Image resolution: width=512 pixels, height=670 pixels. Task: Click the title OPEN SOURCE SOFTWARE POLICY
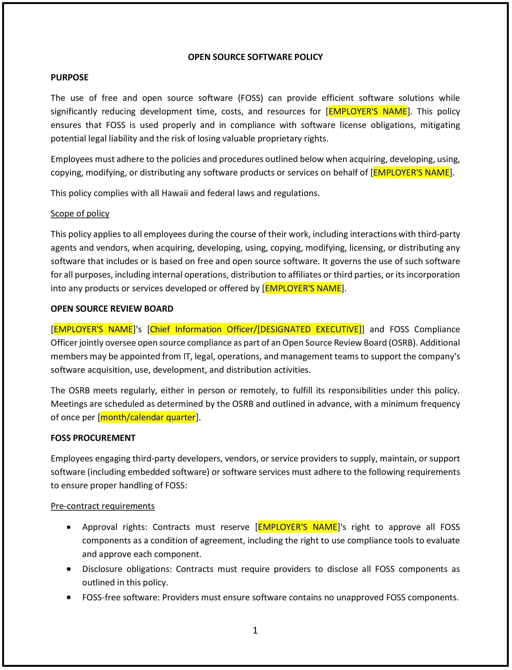[x=255, y=57]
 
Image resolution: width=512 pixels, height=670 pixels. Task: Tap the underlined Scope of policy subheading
[x=80, y=214]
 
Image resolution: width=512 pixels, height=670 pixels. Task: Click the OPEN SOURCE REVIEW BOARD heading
[x=112, y=309]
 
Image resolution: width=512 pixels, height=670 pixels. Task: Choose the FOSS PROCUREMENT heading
[x=93, y=438]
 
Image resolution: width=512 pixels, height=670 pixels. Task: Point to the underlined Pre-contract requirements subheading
[x=103, y=506]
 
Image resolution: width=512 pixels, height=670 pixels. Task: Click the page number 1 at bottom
[x=255, y=630]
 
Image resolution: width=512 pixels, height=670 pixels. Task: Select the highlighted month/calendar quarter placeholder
[x=148, y=417]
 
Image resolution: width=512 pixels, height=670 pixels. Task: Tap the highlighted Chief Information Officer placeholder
[x=255, y=329]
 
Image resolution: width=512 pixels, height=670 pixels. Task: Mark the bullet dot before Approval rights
[x=69, y=527]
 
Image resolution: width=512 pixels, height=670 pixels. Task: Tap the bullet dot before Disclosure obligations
[x=69, y=569]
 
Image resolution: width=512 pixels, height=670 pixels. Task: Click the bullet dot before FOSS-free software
[x=69, y=597]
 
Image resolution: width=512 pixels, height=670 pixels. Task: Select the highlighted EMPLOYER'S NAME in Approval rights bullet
[x=297, y=527]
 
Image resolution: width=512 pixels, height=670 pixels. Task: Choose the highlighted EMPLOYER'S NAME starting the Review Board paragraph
[x=93, y=329]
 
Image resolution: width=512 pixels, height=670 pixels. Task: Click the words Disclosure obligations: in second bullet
[x=127, y=569]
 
